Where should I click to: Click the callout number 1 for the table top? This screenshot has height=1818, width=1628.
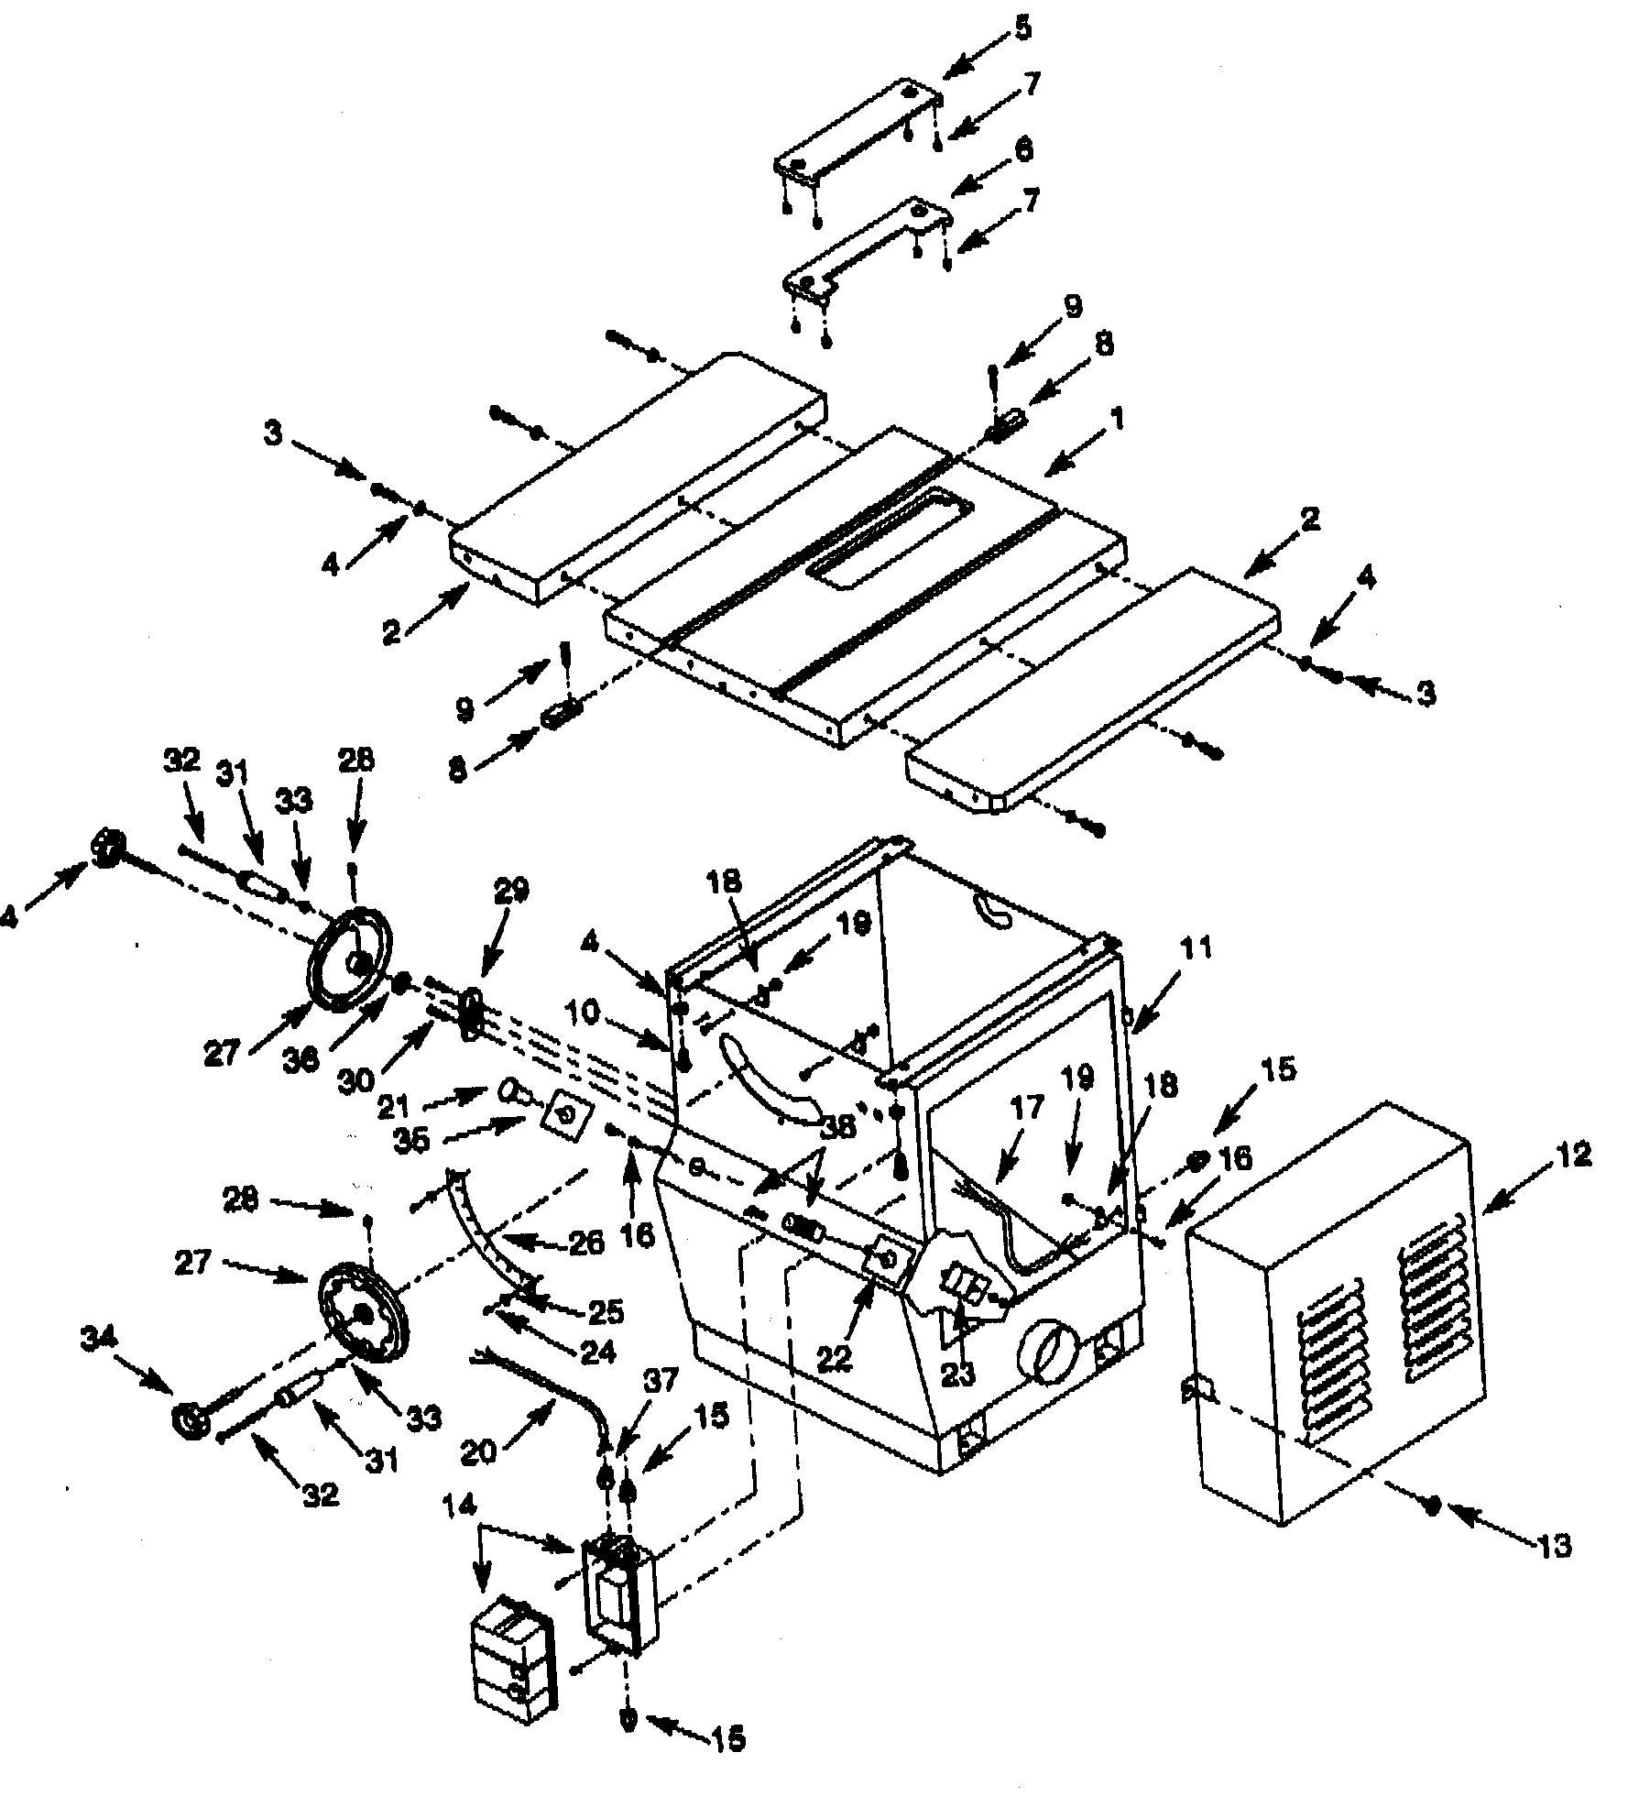click(1115, 421)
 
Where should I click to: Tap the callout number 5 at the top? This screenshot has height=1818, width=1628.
click(1023, 28)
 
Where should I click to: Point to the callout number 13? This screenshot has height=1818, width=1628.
click(1555, 1546)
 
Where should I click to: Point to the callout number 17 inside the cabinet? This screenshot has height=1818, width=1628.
click(1027, 1108)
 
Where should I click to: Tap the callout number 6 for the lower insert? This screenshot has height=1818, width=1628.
click(1023, 148)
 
